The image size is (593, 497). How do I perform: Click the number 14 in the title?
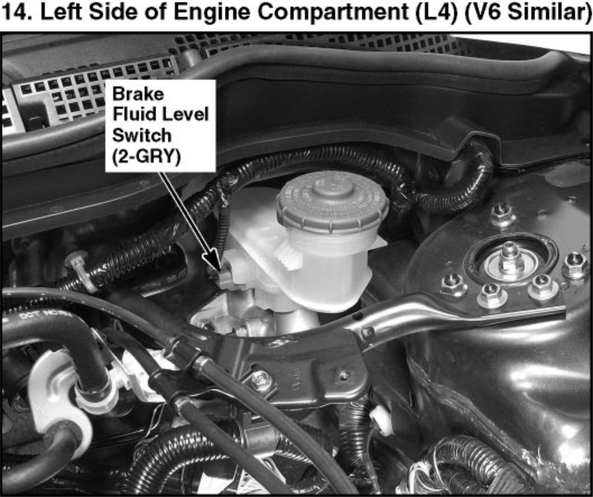16,12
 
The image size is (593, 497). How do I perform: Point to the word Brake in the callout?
138,94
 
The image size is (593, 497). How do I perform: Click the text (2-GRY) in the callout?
146,156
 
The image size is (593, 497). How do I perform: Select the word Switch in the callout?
142,135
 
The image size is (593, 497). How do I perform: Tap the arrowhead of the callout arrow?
214,263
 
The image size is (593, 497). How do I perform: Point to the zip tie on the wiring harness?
81,270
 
